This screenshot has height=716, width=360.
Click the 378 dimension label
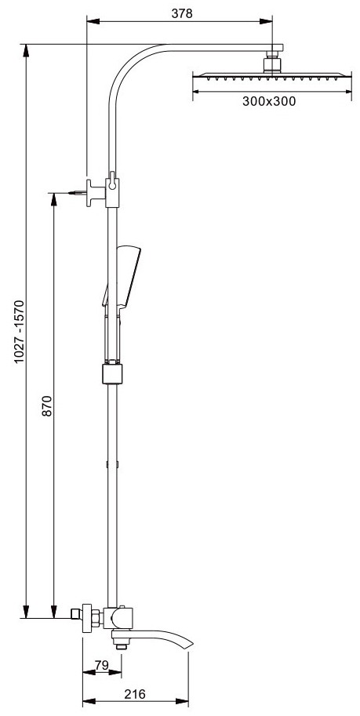182,13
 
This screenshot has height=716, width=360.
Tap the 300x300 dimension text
269,101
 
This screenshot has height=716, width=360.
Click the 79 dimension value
102,665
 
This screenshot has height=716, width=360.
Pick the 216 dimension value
135,694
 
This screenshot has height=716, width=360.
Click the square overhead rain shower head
272,75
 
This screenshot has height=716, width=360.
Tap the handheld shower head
122,276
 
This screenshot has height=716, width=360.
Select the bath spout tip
190,645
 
